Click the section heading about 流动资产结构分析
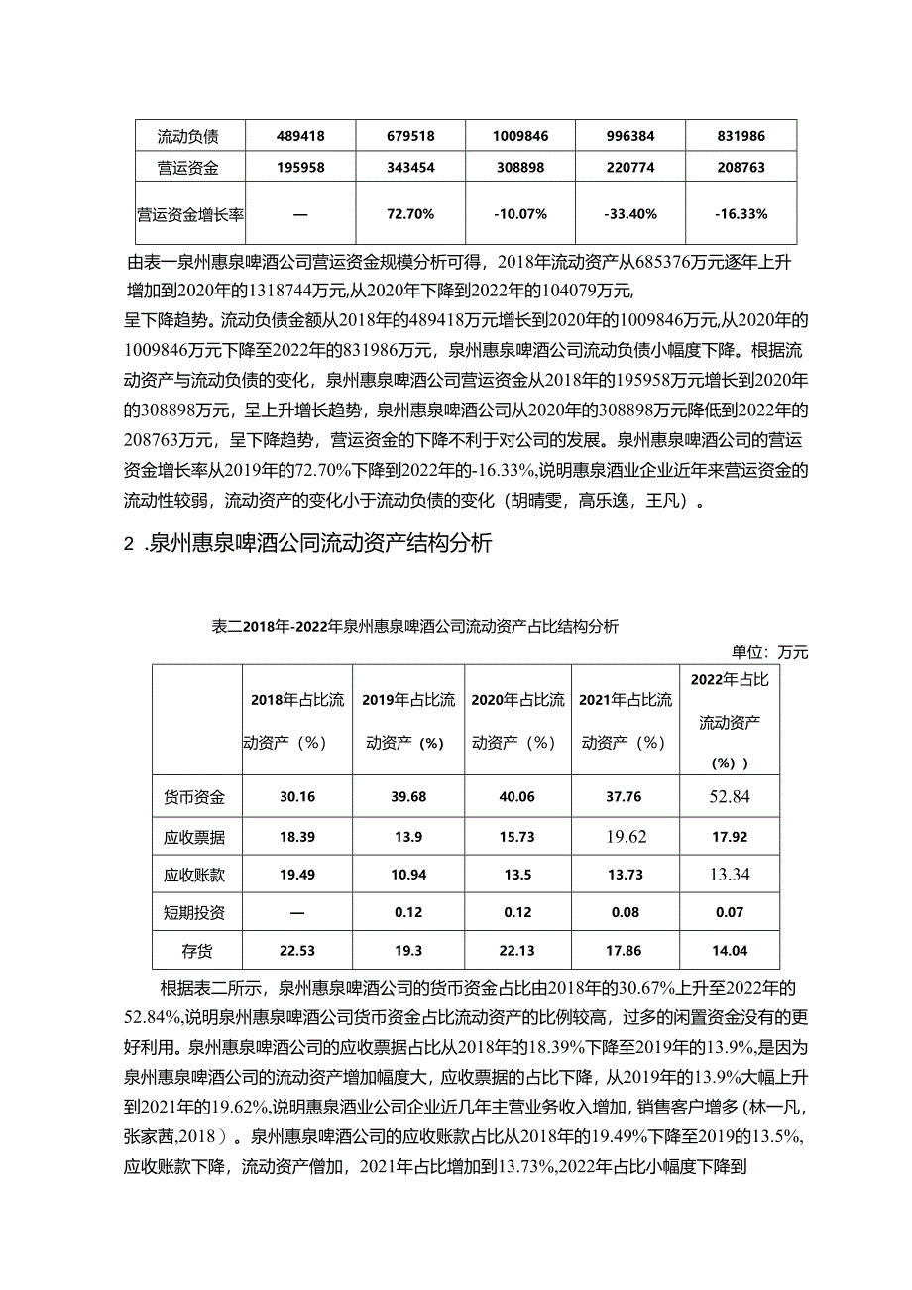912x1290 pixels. [307, 544]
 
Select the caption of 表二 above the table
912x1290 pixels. [414, 626]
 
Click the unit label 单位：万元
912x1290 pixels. [770, 651]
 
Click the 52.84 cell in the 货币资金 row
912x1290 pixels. [730, 797]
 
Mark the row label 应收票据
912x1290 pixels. [194, 837]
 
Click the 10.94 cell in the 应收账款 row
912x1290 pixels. [407, 875]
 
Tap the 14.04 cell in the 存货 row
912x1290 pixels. [730, 950]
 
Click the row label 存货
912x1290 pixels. [194, 950]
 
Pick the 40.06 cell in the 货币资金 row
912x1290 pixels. [516, 797]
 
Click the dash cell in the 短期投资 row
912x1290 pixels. [296, 912]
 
